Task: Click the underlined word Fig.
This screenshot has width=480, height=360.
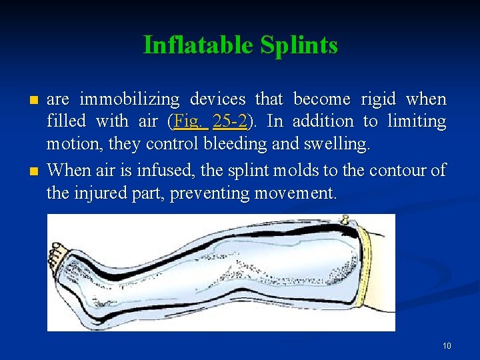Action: tap(189, 122)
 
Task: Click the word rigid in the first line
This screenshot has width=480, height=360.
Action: tap(379, 99)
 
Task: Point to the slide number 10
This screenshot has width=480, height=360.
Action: tap(446, 345)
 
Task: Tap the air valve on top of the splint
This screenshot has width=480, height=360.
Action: tap(345, 219)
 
